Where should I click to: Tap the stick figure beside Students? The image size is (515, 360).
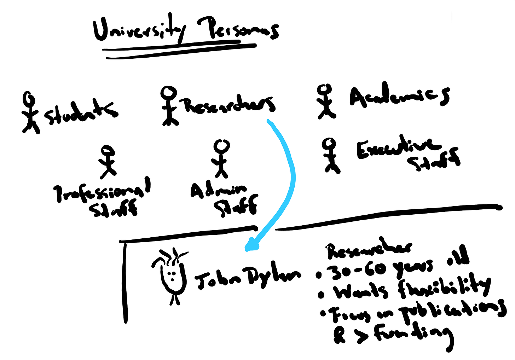(x=31, y=111)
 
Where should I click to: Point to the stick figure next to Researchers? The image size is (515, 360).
(x=169, y=105)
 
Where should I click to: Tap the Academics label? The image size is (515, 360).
(x=399, y=95)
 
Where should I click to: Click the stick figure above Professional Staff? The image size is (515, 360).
(x=108, y=161)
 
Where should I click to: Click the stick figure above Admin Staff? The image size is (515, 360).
(x=221, y=158)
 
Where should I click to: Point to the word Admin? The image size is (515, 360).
(x=218, y=191)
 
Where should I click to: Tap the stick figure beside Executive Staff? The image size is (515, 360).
(x=330, y=155)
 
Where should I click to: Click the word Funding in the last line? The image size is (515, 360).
(x=412, y=334)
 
